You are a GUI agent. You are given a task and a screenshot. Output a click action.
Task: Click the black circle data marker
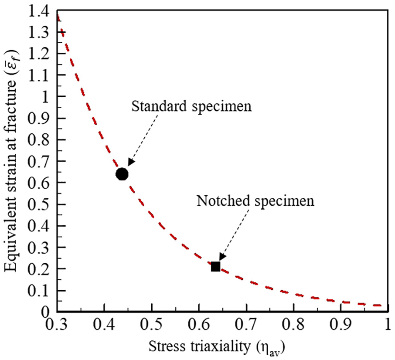[122, 174]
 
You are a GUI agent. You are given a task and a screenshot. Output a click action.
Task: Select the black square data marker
[215, 266]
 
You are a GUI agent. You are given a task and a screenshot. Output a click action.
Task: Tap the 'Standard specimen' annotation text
[191, 106]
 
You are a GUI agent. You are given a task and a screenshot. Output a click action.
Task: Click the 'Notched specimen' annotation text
[255, 201]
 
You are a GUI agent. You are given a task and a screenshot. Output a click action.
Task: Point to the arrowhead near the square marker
[222, 256]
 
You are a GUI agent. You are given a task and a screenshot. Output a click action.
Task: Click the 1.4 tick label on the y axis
[38, 12]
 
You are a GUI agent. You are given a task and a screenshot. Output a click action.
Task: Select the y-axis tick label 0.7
[38, 161]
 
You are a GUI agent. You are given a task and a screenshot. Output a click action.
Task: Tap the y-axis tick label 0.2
[38, 268]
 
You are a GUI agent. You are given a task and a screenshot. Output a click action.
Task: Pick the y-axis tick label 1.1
[38, 75]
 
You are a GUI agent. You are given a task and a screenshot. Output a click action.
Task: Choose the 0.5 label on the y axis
[38, 204]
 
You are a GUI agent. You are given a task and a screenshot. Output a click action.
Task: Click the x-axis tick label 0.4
[104, 325]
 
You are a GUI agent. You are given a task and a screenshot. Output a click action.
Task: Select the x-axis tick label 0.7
[246, 325]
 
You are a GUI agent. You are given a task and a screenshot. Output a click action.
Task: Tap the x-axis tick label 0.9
[341, 325]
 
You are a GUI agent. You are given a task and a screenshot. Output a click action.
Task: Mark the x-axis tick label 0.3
[56, 325]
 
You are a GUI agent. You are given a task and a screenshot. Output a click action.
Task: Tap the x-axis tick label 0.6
[199, 325]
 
